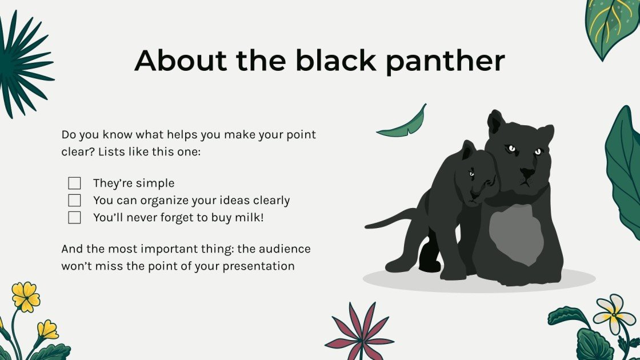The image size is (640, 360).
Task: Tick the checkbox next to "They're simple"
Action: (x=74, y=183)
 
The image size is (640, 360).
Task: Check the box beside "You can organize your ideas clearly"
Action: (x=74, y=201)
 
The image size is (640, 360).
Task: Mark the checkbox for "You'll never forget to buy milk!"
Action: (x=74, y=218)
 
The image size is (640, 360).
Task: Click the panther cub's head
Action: (x=477, y=174)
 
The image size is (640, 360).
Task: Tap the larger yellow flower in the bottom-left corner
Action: (x=26, y=297)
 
